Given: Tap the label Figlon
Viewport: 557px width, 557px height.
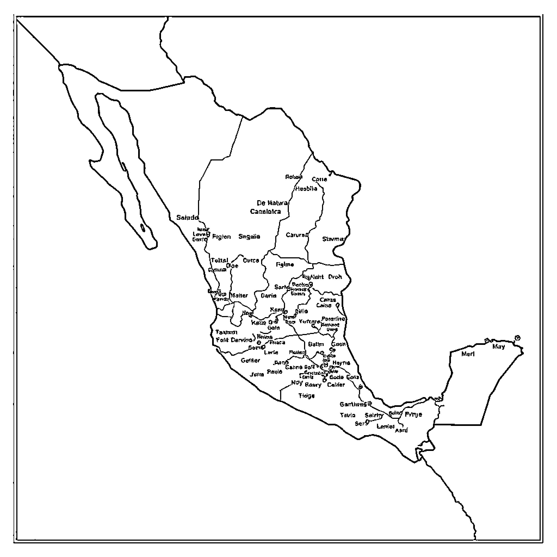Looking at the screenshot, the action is [221, 237].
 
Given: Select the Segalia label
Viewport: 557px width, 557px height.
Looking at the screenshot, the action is [249, 236].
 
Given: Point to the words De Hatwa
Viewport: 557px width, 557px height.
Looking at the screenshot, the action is [272, 203].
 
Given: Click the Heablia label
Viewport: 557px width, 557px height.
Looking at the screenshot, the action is [306, 188].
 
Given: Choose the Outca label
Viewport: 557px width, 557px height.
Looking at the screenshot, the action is [251, 260].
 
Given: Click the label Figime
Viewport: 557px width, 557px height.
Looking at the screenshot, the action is [284, 264].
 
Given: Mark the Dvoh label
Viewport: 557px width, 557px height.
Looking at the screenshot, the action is [335, 277].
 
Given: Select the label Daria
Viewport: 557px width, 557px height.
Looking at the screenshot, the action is [268, 296].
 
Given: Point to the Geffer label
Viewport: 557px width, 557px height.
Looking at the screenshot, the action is [250, 360].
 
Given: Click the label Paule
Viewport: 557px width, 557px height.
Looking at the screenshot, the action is [274, 372].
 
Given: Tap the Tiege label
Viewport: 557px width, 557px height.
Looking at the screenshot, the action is [306, 395].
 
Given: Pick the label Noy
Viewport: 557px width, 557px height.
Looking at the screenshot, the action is [297, 383].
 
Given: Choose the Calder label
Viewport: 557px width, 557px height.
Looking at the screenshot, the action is [336, 385].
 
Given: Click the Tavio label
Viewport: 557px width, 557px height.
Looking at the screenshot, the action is [347, 415].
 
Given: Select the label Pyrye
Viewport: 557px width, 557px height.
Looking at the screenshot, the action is [413, 414].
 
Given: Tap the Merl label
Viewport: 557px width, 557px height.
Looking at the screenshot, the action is [468, 354].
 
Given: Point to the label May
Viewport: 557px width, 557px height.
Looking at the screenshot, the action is [499, 346].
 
